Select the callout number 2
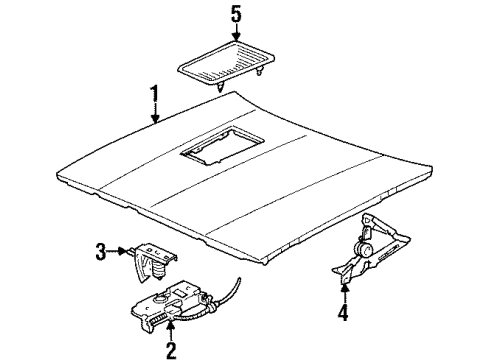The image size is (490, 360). point(170,349)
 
